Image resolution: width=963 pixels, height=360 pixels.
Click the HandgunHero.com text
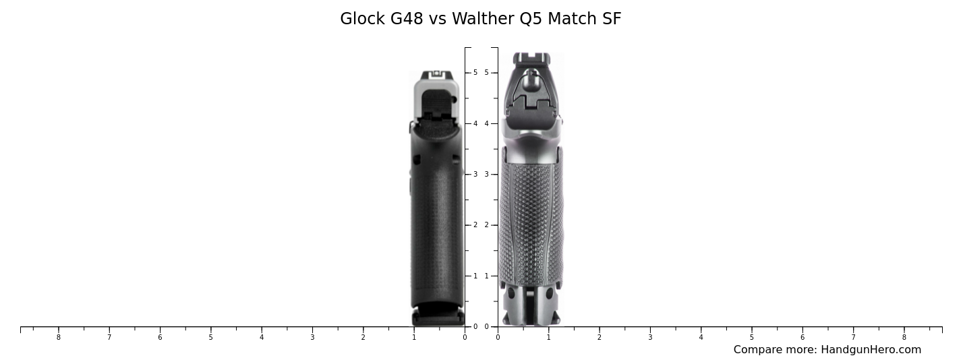[x=871, y=350]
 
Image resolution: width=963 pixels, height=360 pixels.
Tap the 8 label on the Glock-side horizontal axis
[x=58, y=337]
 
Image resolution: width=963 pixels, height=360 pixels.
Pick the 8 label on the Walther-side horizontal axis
[x=904, y=337]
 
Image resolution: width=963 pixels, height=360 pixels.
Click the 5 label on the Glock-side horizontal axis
[x=210, y=337]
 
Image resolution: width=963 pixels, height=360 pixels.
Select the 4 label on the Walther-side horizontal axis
[x=701, y=337]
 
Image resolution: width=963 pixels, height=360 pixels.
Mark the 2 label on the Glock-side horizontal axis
[x=363, y=337]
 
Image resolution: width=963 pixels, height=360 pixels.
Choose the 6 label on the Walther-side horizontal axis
[x=802, y=337]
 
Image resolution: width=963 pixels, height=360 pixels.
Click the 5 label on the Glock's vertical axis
[x=475, y=73]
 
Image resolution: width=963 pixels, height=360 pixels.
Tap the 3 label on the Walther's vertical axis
[x=486, y=175]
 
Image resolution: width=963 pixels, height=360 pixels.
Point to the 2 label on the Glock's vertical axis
[x=475, y=225]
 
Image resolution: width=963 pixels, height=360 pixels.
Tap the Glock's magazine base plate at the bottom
[x=438, y=318]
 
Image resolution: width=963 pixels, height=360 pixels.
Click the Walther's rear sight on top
[x=531, y=59]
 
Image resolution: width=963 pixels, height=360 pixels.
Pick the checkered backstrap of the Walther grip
[x=531, y=222]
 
